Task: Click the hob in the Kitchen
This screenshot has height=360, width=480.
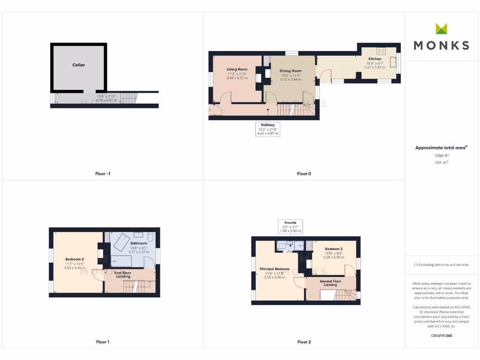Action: (381, 52)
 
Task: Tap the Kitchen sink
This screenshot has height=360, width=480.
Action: (398, 60)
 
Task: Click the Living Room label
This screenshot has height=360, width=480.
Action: (237, 69)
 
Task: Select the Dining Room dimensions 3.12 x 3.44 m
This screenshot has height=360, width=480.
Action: (290, 79)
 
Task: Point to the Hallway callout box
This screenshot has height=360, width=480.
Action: (268, 129)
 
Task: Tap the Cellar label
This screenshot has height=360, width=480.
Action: (79, 65)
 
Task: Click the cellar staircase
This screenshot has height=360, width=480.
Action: (127, 97)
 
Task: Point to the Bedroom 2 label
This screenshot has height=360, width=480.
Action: (75, 259)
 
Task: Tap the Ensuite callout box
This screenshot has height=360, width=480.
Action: (290, 226)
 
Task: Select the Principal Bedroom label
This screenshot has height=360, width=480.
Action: (275, 269)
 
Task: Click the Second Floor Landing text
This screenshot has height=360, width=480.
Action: (330, 283)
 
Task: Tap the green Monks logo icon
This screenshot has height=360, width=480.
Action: (441, 29)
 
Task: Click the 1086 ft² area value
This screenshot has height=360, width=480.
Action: (441, 155)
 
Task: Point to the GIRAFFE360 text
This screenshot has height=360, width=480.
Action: (441, 336)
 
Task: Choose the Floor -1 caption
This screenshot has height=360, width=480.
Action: (102, 174)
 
